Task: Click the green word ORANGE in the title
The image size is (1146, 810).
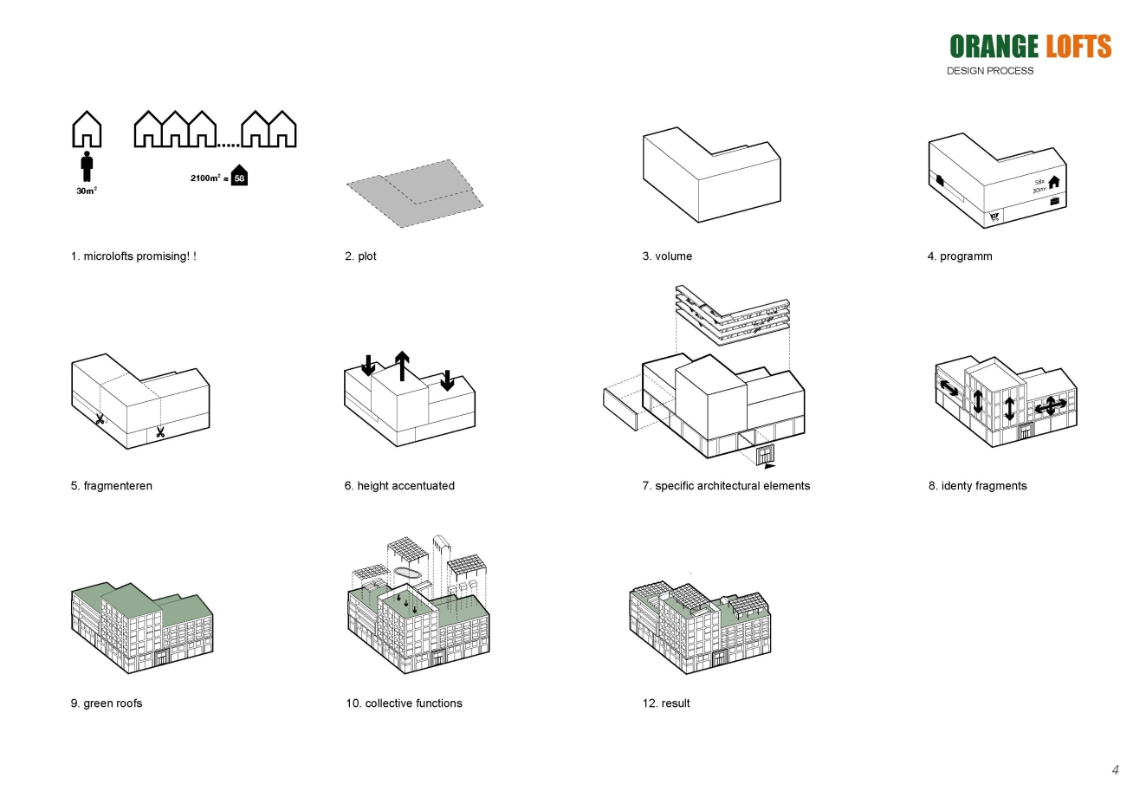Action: [x=994, y=47]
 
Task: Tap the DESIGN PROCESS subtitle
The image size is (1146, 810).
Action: [x=989, y=71]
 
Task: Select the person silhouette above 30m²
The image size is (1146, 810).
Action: [x=87, y=166]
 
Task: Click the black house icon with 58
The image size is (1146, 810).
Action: [x=239, y=176]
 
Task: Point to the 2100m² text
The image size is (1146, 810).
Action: [x=205, y=178]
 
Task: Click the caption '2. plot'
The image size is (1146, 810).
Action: [x=360, y=256]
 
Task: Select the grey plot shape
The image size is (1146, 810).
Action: [x=414, y=193]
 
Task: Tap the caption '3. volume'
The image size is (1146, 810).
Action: [x=667, y=256]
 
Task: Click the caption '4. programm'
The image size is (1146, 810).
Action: [x=959, y=256]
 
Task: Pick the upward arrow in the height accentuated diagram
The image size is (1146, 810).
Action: [x=402, y=366]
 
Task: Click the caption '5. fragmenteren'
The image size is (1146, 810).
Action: [x=111, y=486]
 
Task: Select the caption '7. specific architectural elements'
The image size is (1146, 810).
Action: [x=726, y=486]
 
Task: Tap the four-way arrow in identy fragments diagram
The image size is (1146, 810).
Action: [x=1050, y=405]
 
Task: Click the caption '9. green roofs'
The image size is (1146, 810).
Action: [x=106, y=703]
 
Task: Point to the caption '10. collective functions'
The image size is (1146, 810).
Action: [x=404, y=703]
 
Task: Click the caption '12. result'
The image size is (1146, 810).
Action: [x=666, y=703]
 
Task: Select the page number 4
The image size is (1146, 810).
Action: [x=1115, y=770]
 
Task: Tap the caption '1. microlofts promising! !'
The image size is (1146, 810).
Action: [x=133, y=256]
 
